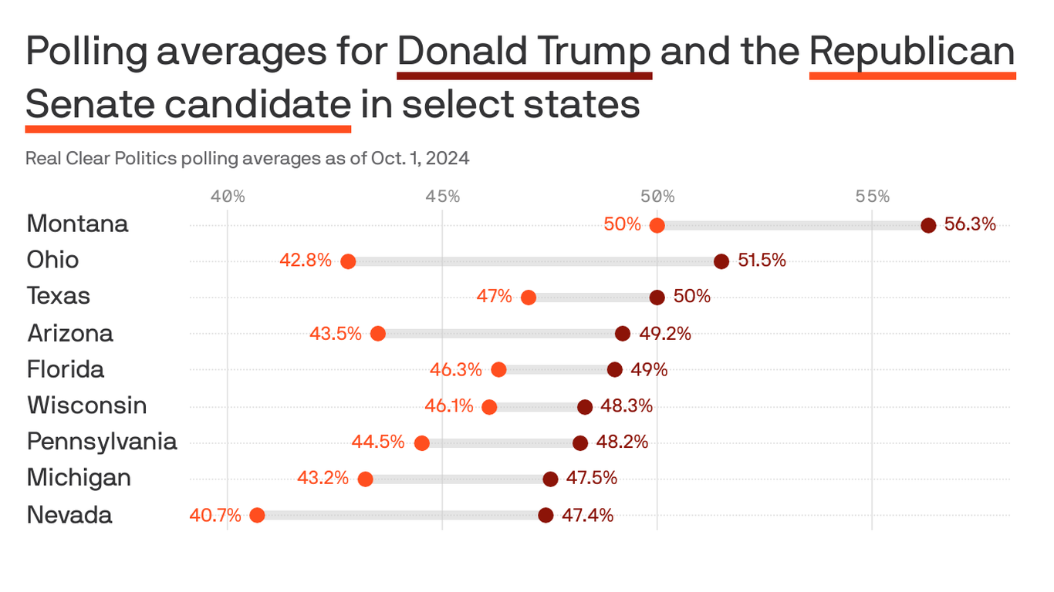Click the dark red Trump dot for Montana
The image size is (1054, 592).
tap(928, 225)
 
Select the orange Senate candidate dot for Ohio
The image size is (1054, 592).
tap(348, 261)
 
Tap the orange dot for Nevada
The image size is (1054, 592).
tap(257, 515)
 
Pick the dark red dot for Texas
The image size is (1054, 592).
tap(657, 298)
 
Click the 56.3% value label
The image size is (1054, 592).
tap(971, 224)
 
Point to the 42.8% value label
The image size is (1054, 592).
tap(306, 261)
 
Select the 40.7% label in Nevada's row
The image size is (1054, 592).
tap(215, 515)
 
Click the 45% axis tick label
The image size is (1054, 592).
tap(442, 197)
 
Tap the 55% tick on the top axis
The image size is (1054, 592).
tap(872, 197)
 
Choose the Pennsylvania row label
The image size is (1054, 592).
tap(102, 442)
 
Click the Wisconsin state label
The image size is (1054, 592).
tap(86, 405)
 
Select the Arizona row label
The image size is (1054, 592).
tap(70, 333)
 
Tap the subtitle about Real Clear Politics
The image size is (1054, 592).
tap(248, 159)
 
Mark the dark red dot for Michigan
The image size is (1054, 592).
tap(550, 479)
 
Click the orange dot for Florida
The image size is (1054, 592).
tap(498, 370)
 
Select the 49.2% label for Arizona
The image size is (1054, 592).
tap(665, 334)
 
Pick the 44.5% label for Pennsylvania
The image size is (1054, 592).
tap(378, 442)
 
